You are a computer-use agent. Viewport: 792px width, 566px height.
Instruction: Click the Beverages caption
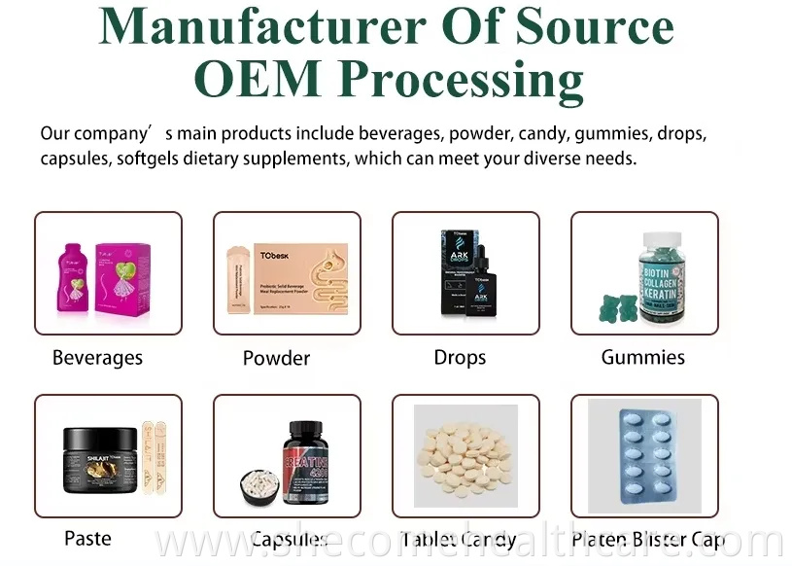click(x=97, y=358)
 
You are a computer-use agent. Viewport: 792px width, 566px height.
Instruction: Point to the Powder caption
click(x=276, y=358)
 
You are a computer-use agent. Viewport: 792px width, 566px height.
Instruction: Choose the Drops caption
click(x=460, y=358)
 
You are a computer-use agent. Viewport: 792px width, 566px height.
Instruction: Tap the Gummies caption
click(x=642, y=357)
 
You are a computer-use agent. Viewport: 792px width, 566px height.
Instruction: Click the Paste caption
click(x=87, y=538)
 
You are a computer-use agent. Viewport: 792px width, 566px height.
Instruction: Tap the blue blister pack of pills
click(x=643, y=454)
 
